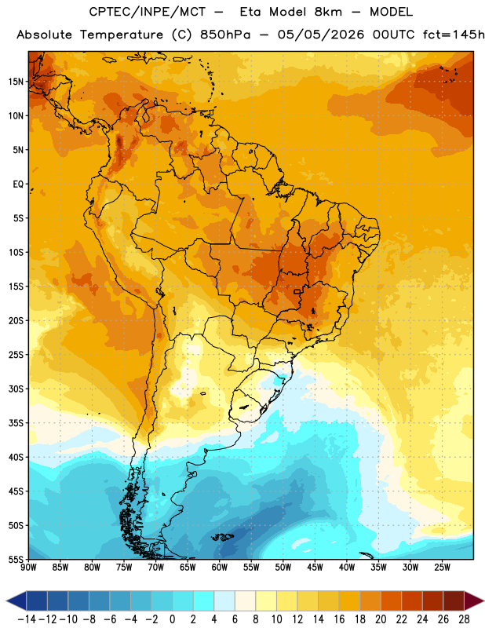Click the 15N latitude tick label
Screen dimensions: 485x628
click(16, 82)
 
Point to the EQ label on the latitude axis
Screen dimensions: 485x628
click(18, 184)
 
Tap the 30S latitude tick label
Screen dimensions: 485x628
click(16, 389)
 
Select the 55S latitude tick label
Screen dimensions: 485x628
click(16, 560)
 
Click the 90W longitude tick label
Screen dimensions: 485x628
click(28, 568)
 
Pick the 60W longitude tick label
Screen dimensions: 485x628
click(220, 568)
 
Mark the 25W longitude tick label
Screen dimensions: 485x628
click(443, 568)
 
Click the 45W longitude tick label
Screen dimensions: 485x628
click(315, 568)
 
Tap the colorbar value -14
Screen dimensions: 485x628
click(27, 619)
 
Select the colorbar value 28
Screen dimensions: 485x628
click(464, 619)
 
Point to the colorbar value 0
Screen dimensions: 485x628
click(173, 619)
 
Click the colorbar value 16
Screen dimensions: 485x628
click(339, 619)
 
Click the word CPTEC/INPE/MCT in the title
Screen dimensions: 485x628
click(148, 12)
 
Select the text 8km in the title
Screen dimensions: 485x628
click(328, 12)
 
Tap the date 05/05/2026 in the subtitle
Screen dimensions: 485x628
click(321, 35)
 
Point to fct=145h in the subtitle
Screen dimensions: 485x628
click(454, 35)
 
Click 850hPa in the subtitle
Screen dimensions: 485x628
click(225, 35)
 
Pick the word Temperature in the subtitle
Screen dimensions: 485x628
click(122, 35)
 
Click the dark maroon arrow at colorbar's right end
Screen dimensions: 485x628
click(475, 601)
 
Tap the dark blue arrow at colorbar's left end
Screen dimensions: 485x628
click(16, 601)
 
